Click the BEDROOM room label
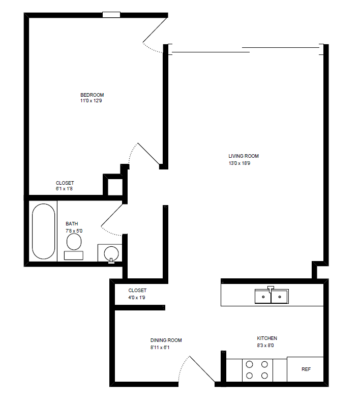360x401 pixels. pos(92,95)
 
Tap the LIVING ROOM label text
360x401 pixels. pos(244,156)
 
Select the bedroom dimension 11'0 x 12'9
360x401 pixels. pos(92,101)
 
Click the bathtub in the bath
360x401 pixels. pos(43,231)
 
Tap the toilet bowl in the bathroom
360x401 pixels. pos(75,243)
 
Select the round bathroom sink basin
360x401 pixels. pos(111,252)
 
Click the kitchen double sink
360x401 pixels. pos(272,296)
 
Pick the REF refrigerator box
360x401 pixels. pos(306,369)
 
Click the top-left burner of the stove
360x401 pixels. pos(250,364)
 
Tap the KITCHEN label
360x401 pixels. pos(267,338)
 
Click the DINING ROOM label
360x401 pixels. pos(166,340)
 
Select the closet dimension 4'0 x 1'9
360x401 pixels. pos(137,297)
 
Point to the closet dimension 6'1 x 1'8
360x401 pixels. pos(65,189)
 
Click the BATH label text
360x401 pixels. pos(72,224)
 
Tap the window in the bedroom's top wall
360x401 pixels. pos(111,15)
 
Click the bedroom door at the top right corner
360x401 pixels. pos(155,31)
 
